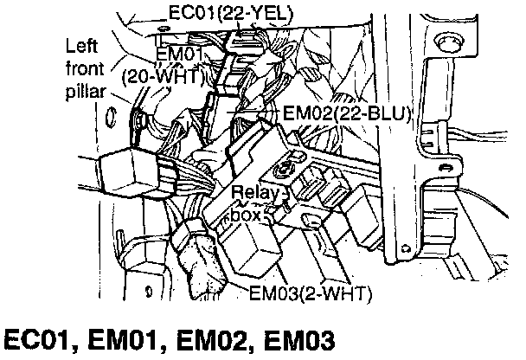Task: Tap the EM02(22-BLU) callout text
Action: click(x=347, y=112)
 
